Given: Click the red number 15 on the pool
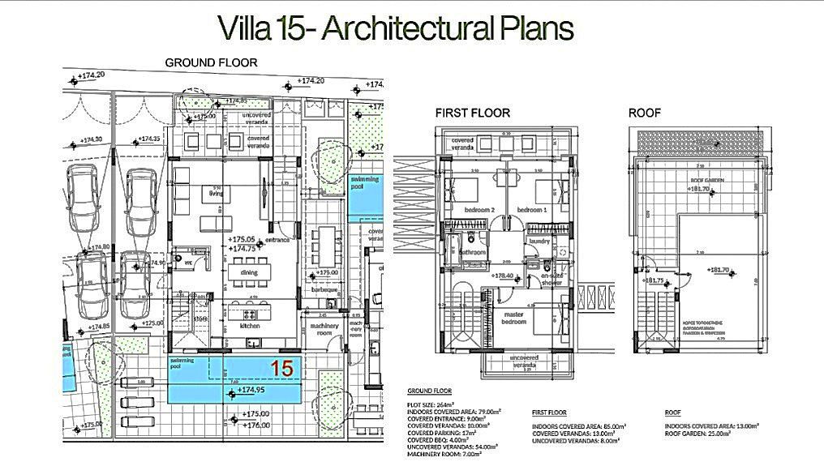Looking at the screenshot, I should point(281,367).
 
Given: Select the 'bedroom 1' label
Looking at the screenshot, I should point(533,210).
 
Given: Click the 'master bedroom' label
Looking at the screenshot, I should point(513,317).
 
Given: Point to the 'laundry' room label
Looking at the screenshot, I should point(539,241).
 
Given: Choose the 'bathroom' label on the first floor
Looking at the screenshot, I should point(472,253).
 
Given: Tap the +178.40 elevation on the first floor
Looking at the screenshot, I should point(504,276).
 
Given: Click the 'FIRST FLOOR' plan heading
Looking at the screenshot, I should point(472,113).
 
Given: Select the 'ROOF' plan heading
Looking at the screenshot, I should point(645,113).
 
